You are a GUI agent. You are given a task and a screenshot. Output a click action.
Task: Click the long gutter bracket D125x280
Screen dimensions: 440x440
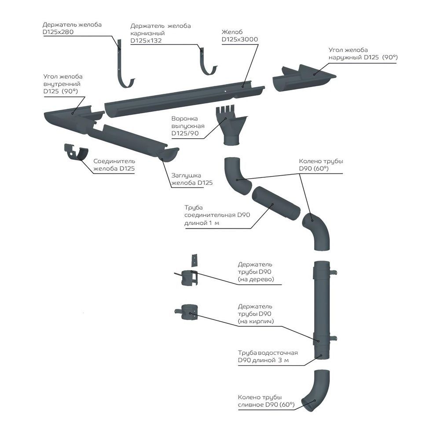(121, 66)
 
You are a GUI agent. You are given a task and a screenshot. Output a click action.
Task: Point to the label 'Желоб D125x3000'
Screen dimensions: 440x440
(239, 36)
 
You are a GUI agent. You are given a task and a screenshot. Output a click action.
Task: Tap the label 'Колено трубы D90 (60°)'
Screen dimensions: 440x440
(321, 165)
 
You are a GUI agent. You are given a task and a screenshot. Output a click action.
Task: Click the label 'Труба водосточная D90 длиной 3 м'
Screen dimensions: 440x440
(268, 357)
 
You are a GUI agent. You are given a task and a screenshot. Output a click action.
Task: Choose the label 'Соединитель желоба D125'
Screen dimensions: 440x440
(114, 165)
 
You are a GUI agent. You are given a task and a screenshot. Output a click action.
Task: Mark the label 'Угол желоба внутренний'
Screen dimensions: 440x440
(63, 84)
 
